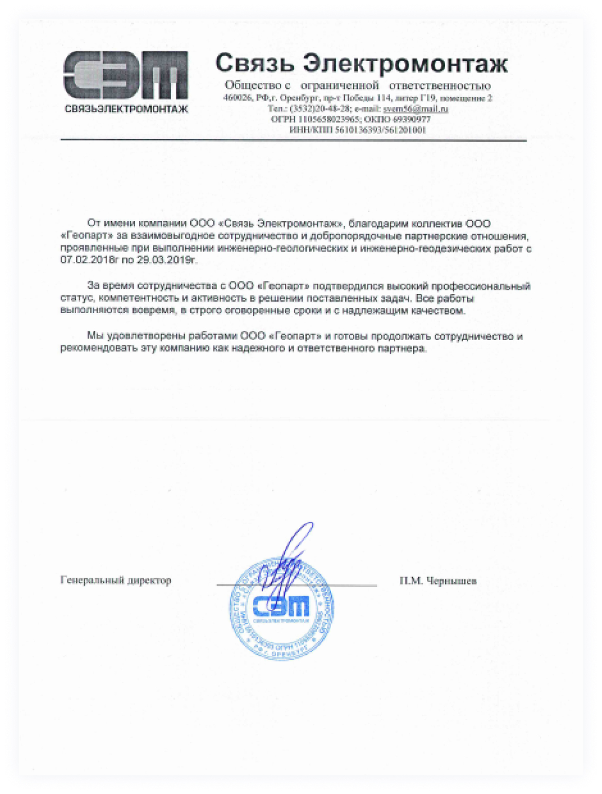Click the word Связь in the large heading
254,63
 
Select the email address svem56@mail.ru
415,109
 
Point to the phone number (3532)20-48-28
319,109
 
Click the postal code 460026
236,98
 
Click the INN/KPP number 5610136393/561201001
380,130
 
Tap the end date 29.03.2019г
167,260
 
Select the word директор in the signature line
148,580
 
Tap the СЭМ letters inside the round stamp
281,606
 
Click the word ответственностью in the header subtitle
440,85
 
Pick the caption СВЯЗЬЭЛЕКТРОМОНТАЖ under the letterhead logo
126,109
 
